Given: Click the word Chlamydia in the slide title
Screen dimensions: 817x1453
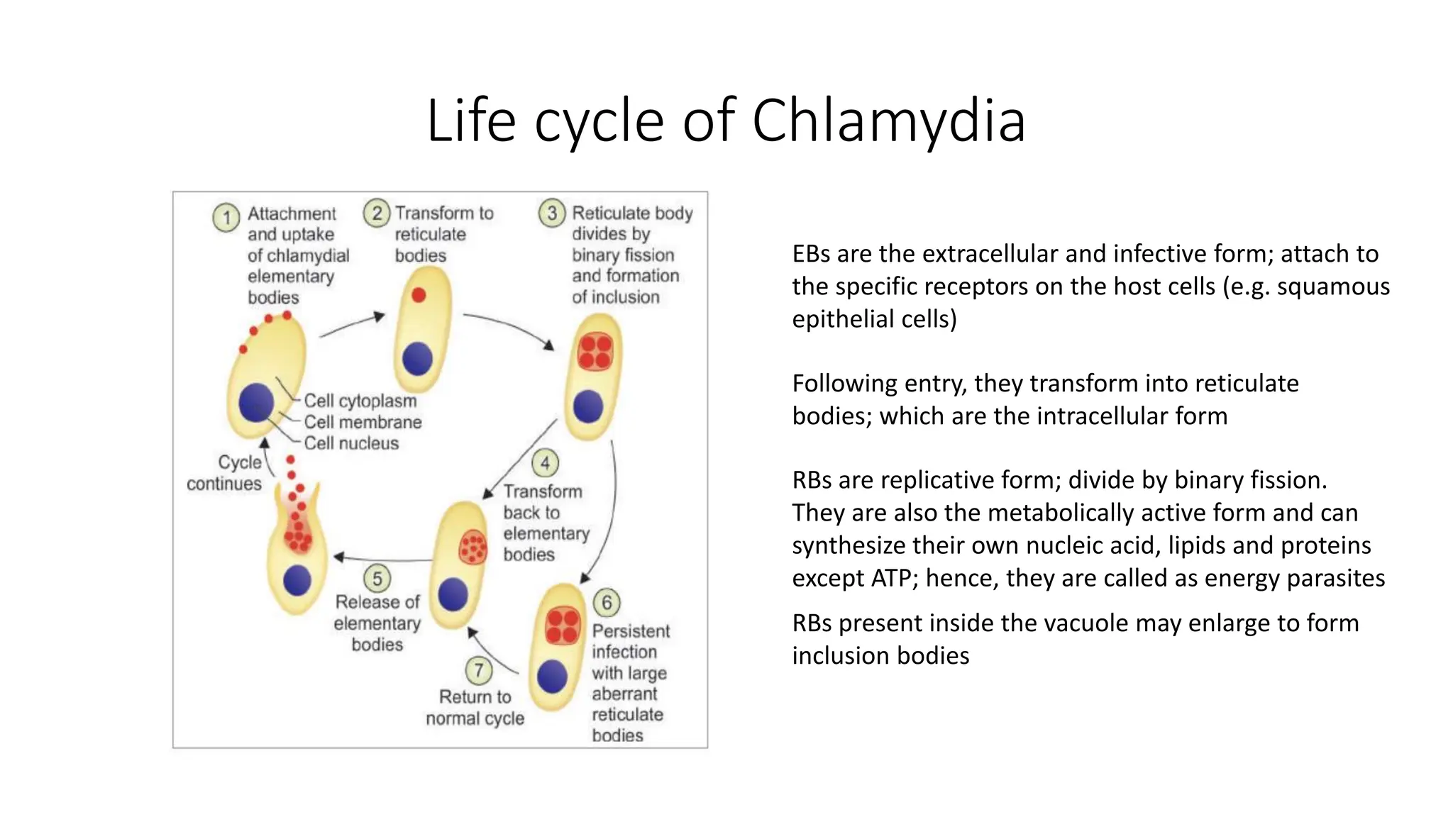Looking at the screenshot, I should click(x=888, y=121).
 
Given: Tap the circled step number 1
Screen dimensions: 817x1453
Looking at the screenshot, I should click(x=226, y=217).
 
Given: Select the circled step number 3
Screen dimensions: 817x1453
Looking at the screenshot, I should click(x=552, y=213).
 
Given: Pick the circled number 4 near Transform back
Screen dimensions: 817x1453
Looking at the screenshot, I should click(x=545, y=464).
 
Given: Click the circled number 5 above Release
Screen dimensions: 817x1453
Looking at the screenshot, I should click(x=377, y=579).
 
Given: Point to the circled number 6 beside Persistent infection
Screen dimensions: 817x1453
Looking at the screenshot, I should click(x=607, y=603).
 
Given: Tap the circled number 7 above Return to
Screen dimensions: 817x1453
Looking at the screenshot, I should click(x=479, y=670).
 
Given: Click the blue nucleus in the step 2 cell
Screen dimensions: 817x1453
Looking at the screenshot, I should click(x=417, y=359).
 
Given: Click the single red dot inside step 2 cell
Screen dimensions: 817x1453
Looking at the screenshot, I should click(x=419, y=295).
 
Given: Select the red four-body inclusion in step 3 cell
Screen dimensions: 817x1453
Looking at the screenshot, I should click(x=595, y=352).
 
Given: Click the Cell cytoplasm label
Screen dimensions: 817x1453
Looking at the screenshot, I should click(x=360, y=401).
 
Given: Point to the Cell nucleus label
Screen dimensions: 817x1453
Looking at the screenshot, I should click(x=351, y=443).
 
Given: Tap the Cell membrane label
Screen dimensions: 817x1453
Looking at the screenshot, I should click(x=363, y=422).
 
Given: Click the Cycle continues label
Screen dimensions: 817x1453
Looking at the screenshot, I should click(x=225, y=473).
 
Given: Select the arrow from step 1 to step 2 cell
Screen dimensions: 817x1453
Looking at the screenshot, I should click(x=353, y=325).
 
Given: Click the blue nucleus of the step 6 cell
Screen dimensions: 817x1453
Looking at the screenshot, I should click(x=552, y=677).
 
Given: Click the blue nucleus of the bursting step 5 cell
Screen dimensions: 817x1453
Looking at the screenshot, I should click(x=297, y=580).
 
